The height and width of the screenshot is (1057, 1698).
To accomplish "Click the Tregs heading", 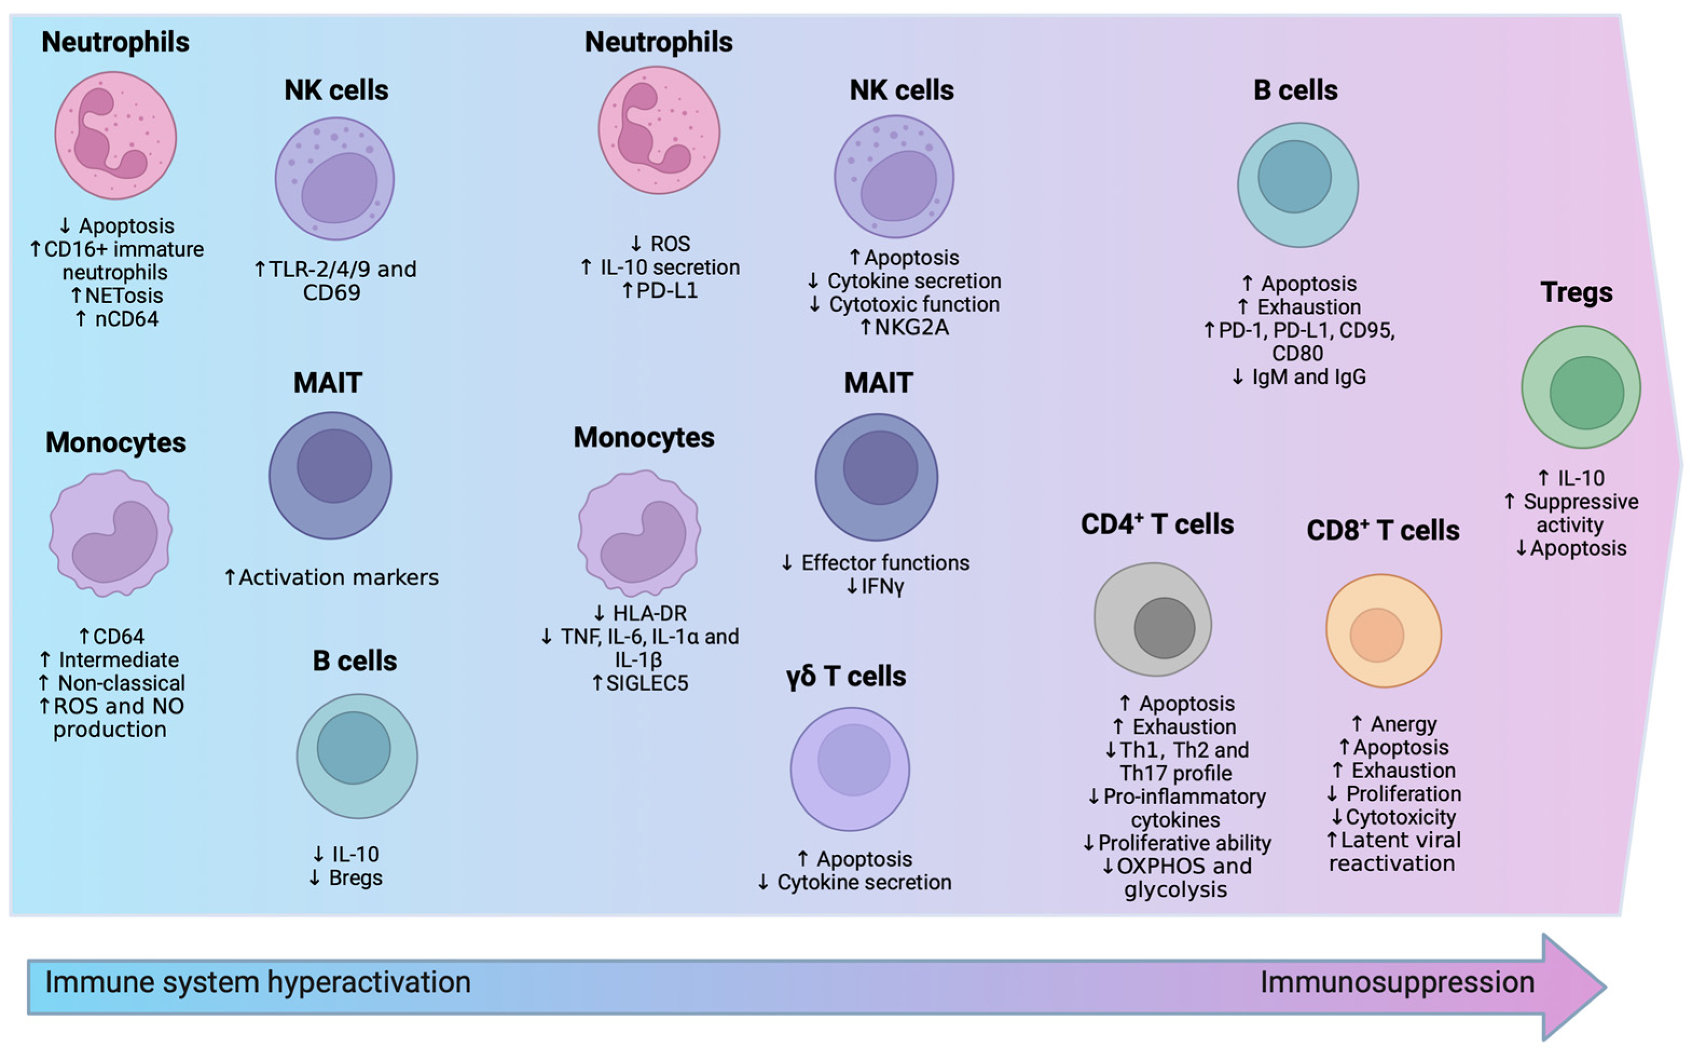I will (1576, 292).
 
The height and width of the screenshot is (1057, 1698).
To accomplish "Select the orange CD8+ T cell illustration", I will (1384, 632).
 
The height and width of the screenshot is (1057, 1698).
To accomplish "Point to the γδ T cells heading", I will (846, 677).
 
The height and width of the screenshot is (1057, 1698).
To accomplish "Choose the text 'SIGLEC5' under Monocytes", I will (646, 683).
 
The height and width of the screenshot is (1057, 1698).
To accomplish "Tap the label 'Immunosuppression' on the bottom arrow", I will (1398, 982).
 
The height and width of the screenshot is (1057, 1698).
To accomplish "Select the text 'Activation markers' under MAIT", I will (339, 578).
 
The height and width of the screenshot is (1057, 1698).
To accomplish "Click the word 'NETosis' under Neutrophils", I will (123, 296).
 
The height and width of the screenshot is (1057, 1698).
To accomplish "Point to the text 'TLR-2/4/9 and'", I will (342, 269).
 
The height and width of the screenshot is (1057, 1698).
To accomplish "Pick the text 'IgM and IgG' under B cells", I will (1308, 377).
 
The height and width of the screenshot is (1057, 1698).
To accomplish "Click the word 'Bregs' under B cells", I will (355, 878).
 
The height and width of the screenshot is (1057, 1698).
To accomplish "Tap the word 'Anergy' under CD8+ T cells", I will (1403, 724).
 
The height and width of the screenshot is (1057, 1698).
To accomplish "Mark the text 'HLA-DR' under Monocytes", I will (650, 614).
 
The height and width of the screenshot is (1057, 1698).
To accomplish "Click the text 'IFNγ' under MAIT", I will (882, 587).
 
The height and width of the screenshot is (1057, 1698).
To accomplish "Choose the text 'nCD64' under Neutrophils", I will (127, 319).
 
